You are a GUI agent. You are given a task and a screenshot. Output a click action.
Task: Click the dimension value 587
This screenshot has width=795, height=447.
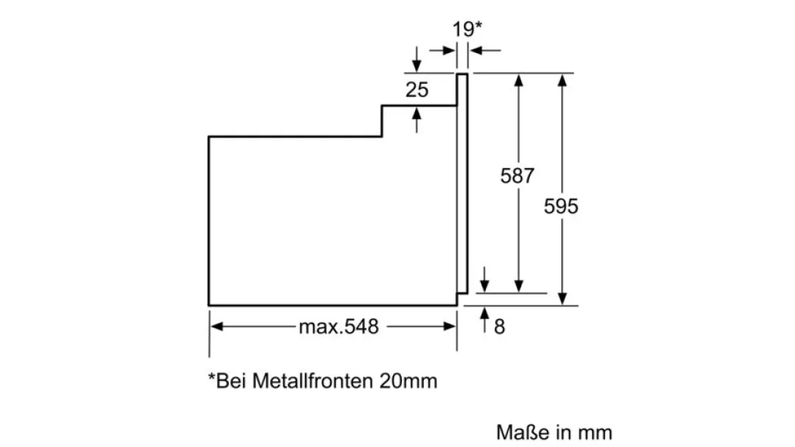point(517,176)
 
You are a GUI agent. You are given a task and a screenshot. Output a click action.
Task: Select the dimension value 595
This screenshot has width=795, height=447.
point(561,206)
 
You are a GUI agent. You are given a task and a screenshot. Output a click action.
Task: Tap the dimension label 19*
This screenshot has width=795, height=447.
point(467,29)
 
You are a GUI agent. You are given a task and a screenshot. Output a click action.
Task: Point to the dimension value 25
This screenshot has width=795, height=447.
point(417,91)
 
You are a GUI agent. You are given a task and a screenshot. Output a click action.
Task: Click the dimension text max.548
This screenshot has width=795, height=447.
point(338,326)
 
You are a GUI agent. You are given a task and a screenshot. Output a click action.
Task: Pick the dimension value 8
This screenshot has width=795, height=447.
point(500,327)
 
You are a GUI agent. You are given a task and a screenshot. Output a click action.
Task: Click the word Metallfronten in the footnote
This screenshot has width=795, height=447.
point(314,381)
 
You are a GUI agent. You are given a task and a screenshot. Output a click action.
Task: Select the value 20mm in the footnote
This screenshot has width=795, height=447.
point(409,381)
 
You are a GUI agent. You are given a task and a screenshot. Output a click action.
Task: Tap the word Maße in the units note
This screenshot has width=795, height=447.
point(520,432)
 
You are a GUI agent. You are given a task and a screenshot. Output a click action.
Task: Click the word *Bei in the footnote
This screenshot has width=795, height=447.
point(227,381)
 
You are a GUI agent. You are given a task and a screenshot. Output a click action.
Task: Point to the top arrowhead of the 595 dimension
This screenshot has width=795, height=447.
point(562,79)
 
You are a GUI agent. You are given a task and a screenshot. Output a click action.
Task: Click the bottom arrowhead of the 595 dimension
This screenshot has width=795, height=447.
point(562,299)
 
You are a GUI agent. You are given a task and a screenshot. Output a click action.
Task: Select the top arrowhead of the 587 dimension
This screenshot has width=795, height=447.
point(520,79)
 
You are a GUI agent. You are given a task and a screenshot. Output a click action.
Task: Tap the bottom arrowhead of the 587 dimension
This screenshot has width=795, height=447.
point(520,287)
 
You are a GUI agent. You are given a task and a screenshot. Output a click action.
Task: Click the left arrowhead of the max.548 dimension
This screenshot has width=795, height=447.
point(216,326)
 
